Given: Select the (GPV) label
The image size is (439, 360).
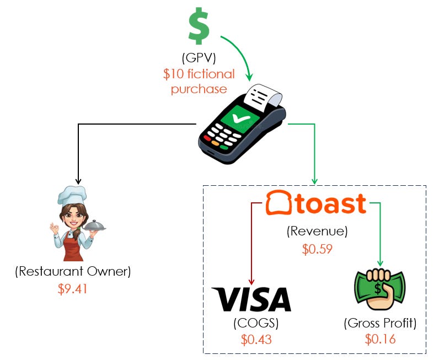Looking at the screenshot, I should click(x=199, y=59).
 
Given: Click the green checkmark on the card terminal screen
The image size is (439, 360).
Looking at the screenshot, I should click(x=240, y=117).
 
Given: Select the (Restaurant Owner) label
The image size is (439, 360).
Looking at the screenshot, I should click(x=73, y=271).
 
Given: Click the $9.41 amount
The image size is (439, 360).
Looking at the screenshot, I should click(x=73, y=288).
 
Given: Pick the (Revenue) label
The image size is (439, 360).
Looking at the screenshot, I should click(x=317, y=232).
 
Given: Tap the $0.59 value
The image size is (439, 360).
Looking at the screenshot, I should click(x=317, y=249).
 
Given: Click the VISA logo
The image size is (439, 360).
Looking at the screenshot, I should click(x=251, y=299).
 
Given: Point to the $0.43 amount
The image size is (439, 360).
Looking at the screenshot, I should click(x=256, y=338).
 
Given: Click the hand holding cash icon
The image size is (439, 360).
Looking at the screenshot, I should click(x=379, y=289).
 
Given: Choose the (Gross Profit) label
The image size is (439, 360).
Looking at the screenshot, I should click(x=380, y=323).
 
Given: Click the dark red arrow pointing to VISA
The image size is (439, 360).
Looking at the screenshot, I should click(x=251, y=243).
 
